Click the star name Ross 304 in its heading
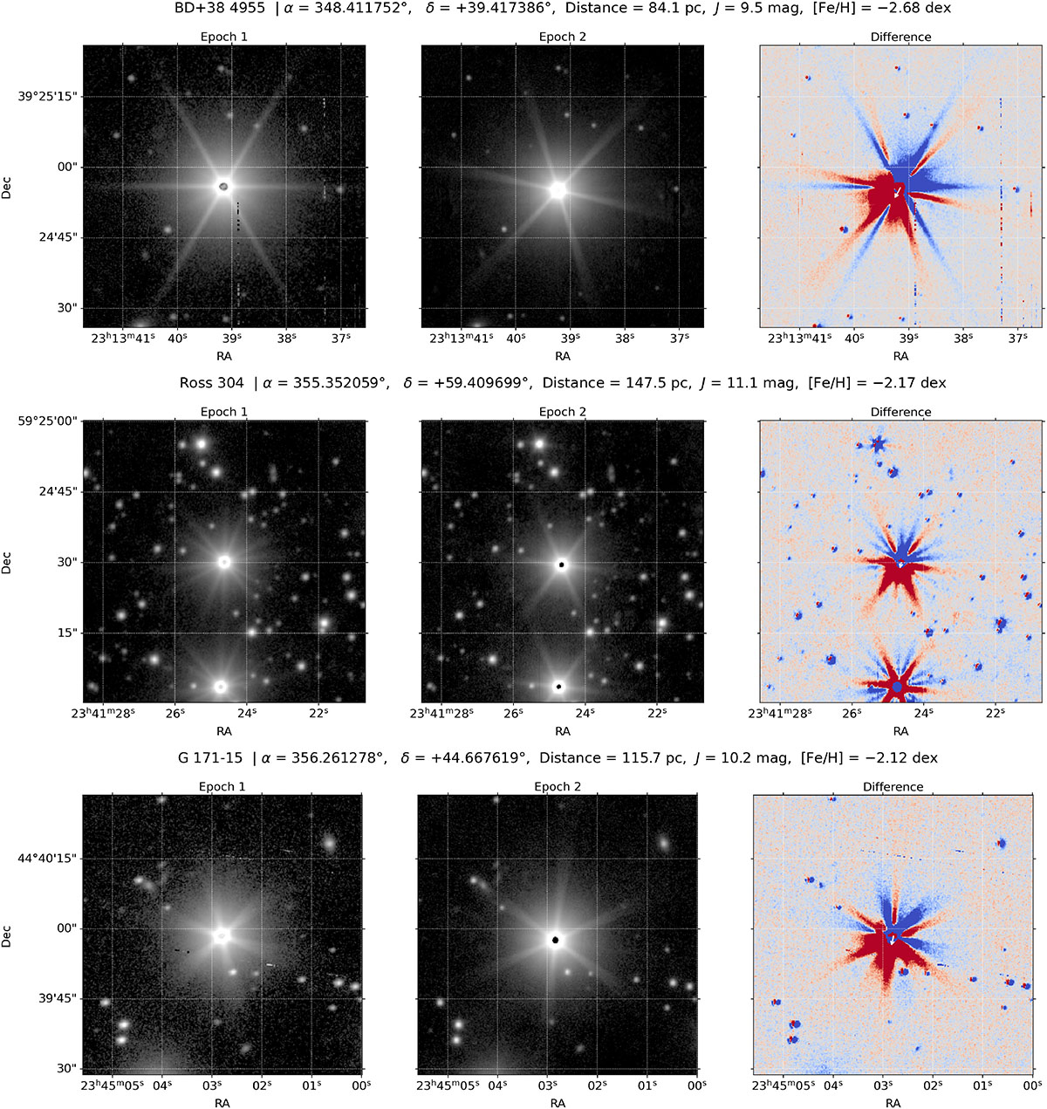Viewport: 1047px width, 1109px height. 212,383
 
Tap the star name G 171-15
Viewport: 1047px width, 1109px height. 210,757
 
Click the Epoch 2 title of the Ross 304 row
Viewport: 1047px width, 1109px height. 562,412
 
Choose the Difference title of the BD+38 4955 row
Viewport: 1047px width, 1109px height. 900,37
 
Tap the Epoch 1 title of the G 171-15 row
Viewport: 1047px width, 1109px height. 222,787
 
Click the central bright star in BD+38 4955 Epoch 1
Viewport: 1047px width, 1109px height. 224,187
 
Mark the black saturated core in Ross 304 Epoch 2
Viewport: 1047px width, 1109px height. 562,565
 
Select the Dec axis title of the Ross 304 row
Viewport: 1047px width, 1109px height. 6,562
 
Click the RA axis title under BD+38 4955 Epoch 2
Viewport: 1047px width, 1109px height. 562,356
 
